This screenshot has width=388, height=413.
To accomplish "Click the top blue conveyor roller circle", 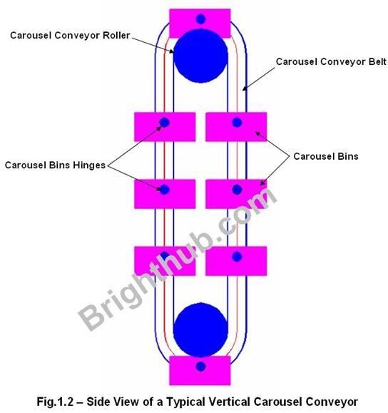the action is click(200, 56).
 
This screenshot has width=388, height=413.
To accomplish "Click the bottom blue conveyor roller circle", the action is click(200, 330).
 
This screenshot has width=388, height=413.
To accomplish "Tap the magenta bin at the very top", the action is click(200, 23).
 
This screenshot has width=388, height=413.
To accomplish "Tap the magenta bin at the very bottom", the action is click(200, 370).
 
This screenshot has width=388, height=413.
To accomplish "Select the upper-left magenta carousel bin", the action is click(165, 127).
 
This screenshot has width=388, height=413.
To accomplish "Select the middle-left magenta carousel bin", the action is click(165, 194).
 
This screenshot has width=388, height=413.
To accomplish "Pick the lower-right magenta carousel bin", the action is click(236, 261).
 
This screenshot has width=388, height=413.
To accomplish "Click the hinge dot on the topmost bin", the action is click(200, 19).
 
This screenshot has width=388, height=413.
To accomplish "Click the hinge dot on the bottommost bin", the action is click(200, 366).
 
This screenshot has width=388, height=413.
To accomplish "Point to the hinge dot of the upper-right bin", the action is click(237, 123).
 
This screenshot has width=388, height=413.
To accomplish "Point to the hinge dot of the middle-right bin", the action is click(237, 189).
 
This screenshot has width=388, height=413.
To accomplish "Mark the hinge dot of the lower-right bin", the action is click(237, 257).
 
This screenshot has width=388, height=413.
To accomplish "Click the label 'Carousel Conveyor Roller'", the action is click(70, 35).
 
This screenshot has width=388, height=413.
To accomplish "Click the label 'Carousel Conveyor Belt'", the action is click(331, 61).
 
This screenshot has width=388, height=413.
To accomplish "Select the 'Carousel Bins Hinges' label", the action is click(55, 165).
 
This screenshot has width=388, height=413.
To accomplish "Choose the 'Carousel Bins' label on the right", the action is click(326, 156).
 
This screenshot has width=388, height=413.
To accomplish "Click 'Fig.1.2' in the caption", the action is click(55, 402).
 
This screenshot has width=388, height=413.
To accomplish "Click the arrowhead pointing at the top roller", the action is click(171, 51).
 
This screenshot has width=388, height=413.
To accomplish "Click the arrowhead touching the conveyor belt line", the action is click(244, 88).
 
